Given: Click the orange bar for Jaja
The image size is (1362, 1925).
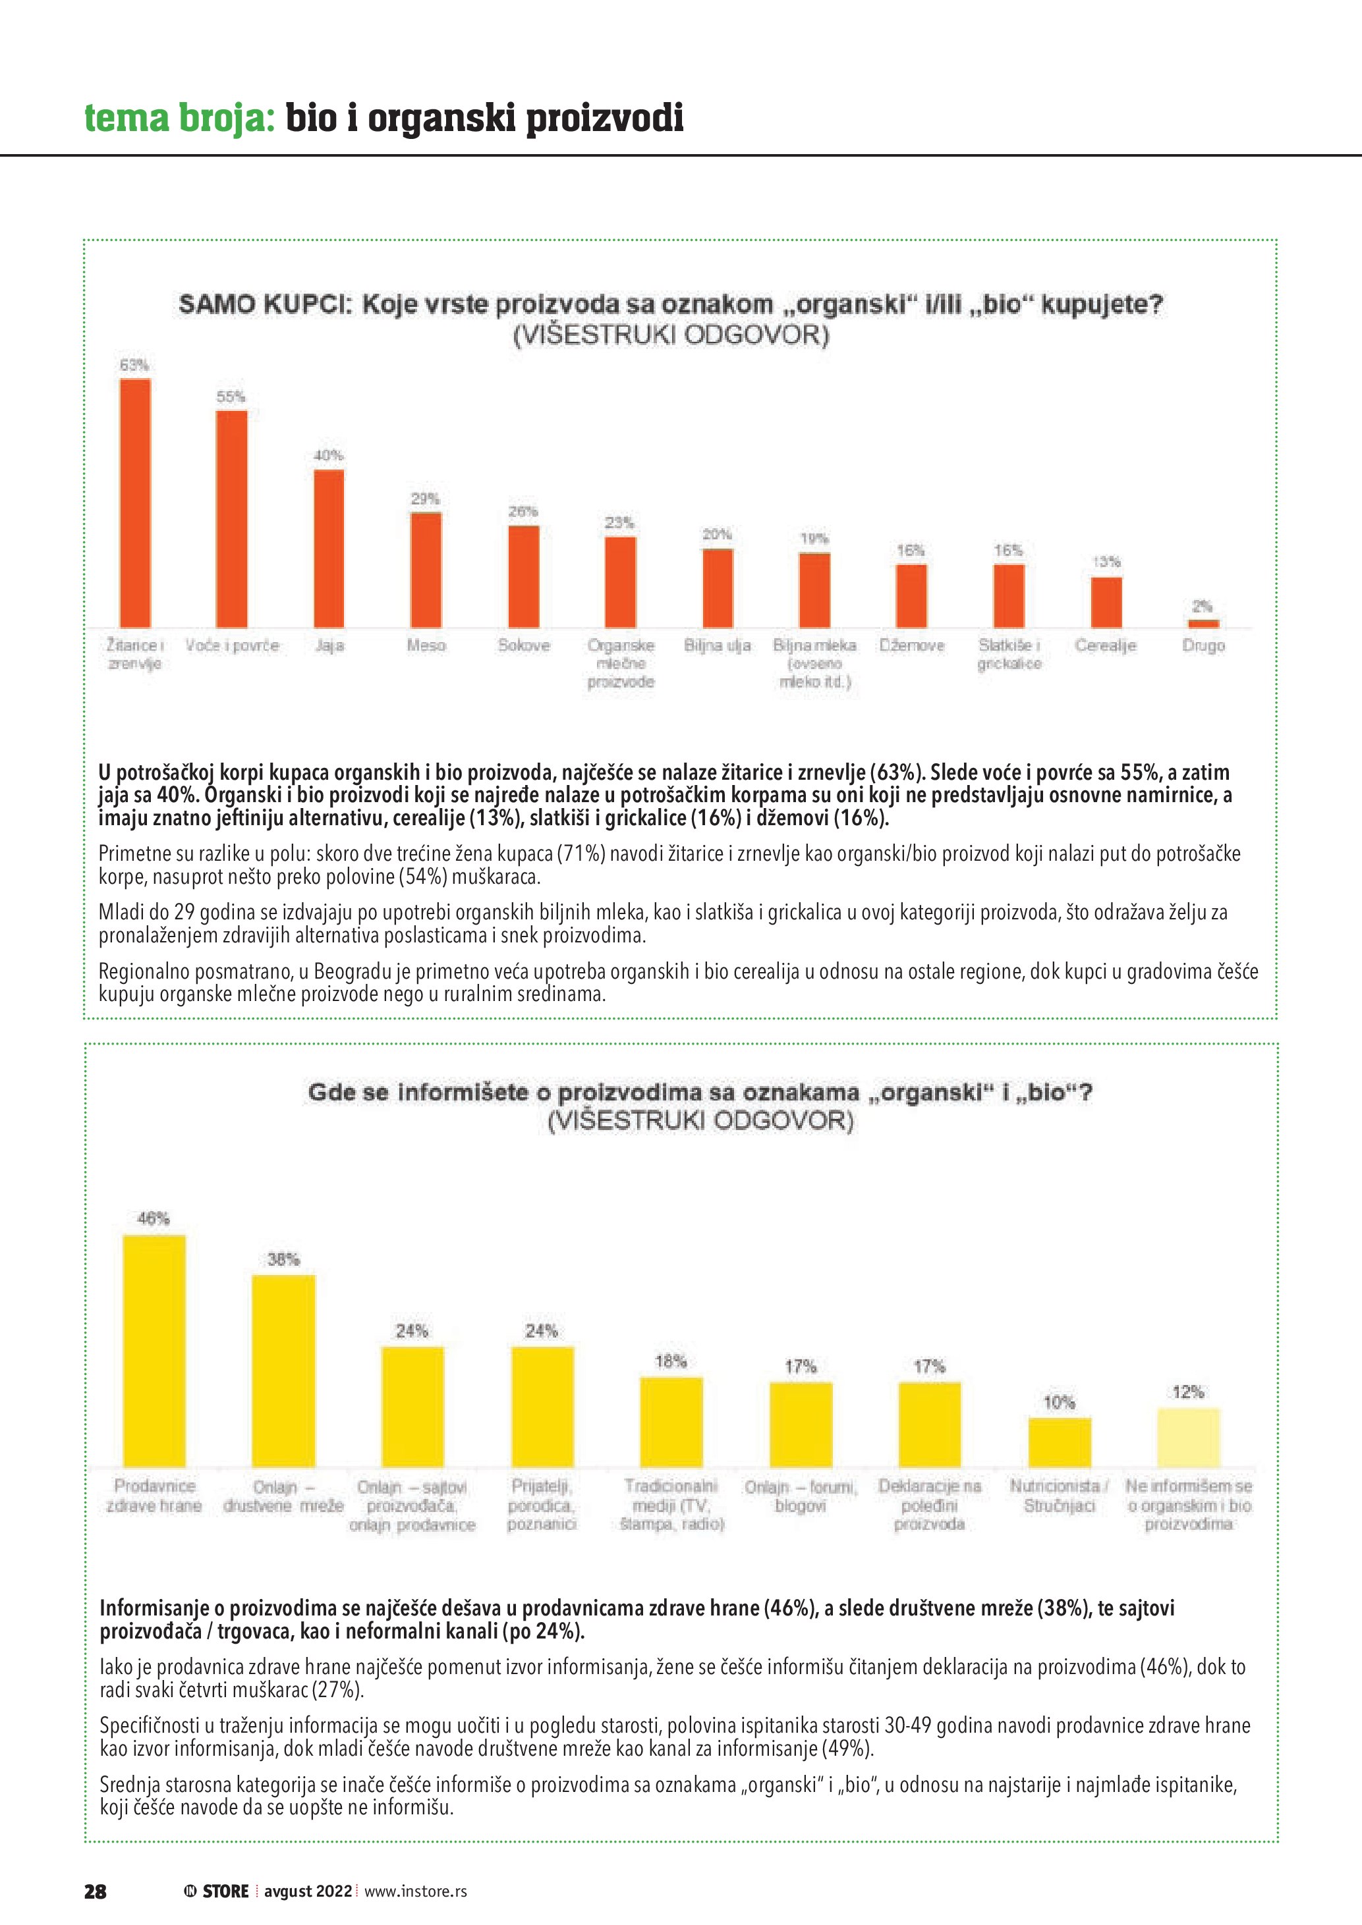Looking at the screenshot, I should point(329,549).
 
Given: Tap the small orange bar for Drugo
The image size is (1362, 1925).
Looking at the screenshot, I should point(1203,623).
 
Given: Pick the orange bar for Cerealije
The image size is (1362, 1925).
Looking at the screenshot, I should point(1106,602).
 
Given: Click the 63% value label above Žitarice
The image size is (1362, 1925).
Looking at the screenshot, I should point(134,365).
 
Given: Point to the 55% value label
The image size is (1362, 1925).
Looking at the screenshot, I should point(231,396).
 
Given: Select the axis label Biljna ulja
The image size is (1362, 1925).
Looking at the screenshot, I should point(717,645).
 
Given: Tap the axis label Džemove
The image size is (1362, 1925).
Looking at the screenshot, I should point(912,645).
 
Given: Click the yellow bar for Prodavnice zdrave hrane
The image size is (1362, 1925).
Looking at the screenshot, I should point(154,1351).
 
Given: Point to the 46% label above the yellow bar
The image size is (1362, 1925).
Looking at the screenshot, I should point(154,1218).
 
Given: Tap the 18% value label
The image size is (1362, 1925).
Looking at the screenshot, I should point(671,1361).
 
